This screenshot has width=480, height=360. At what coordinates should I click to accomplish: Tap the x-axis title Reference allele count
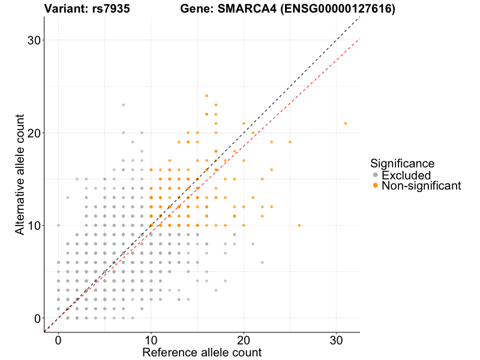point(202,352)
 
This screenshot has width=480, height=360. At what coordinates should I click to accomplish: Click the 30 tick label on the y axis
point(32,40)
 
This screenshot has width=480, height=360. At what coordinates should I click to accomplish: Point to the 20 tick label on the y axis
point(32,133)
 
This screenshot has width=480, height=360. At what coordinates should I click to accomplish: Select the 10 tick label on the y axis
point(32,226)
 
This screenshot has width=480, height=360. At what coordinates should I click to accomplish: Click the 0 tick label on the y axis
point(36,318)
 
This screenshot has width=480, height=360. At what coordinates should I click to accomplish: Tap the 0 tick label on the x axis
point(58,340)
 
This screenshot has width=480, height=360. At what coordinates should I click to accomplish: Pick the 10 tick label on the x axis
point(151,340)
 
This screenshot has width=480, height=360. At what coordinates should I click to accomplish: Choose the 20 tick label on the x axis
point(244,340)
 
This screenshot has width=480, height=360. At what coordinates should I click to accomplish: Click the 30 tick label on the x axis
point(337,340)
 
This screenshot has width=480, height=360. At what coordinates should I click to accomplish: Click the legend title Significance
point(402,163)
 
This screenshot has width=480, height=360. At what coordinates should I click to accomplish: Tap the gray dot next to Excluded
point(376,175)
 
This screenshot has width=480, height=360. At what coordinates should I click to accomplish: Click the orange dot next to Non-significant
point(376,186)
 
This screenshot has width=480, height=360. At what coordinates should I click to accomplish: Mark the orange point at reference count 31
point(346,124)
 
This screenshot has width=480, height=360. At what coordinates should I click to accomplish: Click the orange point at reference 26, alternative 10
point(299,226)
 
